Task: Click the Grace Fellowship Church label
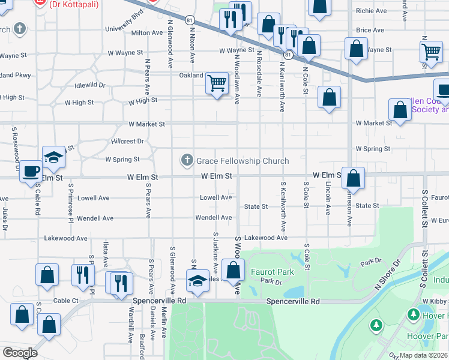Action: [243, 161]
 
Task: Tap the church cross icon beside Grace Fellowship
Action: [187, 160]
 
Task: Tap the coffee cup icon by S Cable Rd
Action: [31, 172]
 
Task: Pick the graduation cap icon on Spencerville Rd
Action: [197, 280]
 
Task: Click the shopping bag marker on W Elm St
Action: [354, 178]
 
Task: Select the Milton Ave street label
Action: [148, 33]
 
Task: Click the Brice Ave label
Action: [370, 30]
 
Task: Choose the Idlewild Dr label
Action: [90, 85]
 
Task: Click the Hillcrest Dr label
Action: [128, 141]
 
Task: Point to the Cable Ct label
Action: [66, 300]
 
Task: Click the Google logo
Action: [20, 353]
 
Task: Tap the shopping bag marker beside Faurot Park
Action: [233, 269]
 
